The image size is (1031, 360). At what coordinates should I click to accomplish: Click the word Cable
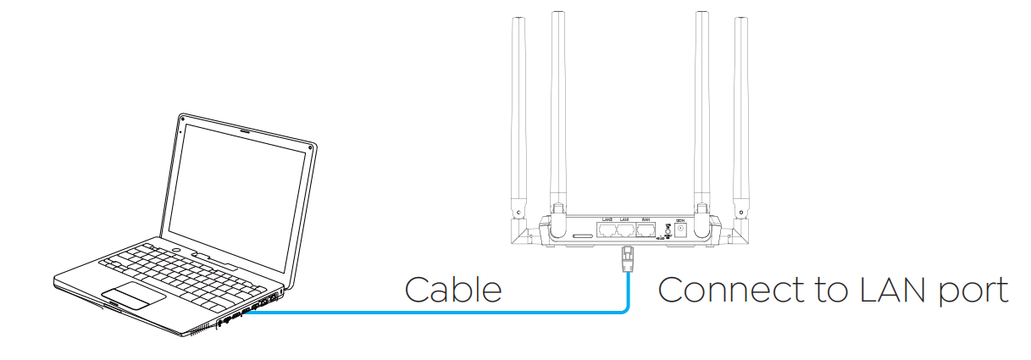point(453,290)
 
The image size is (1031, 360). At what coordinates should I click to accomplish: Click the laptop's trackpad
point(135,296)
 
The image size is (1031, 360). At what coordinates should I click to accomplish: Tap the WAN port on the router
point(646,230)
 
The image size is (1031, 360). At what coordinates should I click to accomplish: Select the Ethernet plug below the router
point(627,255)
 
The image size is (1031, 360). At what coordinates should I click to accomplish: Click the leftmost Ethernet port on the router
point(607,230)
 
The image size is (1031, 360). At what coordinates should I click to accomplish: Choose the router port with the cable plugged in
point(626,230)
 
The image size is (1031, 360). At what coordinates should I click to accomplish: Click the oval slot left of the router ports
point(583,235)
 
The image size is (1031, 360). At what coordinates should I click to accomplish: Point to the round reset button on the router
point(668,230)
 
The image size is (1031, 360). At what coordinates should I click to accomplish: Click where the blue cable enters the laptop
point(251,314)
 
